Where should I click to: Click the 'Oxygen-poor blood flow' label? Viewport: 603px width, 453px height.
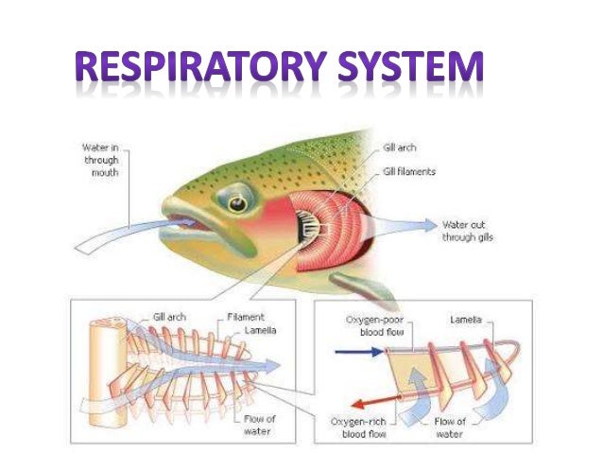355,326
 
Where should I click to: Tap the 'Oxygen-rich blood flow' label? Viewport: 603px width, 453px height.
354,426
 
